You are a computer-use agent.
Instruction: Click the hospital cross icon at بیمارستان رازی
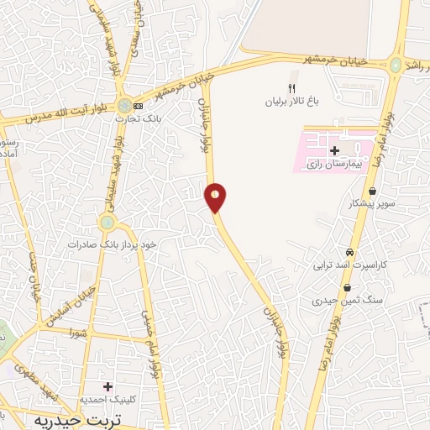(334, 149)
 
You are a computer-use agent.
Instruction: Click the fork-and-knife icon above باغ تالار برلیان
(292, 87)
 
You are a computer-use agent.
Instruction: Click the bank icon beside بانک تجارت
(139, 107)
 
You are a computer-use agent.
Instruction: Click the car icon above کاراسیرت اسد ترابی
(349, 253)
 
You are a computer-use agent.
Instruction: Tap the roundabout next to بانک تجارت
(123, 107)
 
